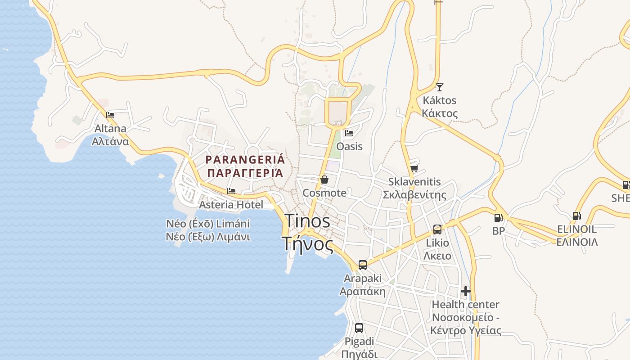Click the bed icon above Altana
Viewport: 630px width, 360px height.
[x=110, y=115]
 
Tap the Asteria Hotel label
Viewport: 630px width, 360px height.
[x=231, y=205]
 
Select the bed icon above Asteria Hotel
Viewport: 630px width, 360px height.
[x=231, y=191]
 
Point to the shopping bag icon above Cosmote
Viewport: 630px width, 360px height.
[x=324, y=180]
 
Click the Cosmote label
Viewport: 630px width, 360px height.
[x=324, y=193]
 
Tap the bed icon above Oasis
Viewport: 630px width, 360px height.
[x=349, y=133]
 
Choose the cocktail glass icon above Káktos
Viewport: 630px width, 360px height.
[x=439, y=87]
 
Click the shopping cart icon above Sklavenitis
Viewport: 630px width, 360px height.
[x=414, y=169]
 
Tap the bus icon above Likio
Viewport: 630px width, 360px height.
[x=437, y=229]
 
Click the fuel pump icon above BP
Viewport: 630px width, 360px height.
[x=498, y=218]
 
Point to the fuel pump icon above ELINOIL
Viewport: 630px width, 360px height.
[x=576, y=216]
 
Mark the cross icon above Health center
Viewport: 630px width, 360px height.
[x=466, y=291]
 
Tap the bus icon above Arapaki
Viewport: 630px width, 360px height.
[x=363, y=265]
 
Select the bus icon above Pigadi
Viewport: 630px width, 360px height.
[x=359, y=328]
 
